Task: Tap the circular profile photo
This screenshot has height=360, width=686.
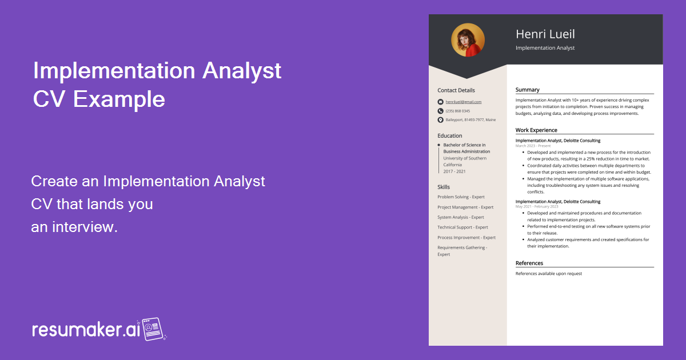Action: (x=468, y=40)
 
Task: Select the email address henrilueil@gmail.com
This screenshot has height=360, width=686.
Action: (x=464, y=102)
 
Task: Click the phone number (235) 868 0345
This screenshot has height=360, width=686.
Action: (x=458, y=111)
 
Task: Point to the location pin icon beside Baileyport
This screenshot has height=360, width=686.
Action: (x=440, y=120)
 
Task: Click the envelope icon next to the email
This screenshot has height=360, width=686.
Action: (x=440, y=102)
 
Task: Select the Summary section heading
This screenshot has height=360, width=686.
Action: (x=527, y=90)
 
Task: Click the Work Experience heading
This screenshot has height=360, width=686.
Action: (x=536, y=130)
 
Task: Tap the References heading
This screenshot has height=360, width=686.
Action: (x=529, y=263)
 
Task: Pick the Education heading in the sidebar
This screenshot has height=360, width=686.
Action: (x=450, y=136)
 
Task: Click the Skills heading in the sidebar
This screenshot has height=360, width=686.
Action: (x=444, y=187)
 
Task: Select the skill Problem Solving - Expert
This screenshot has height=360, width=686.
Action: (x=461, y=197)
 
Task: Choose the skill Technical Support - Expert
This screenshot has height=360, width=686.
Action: (x=462, y=227)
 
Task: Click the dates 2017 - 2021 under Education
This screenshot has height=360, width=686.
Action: (x=454, y=171)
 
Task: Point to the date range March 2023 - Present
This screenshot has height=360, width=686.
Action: (x=533, y=146)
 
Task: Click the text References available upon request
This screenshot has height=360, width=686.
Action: (x=548, y=274)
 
